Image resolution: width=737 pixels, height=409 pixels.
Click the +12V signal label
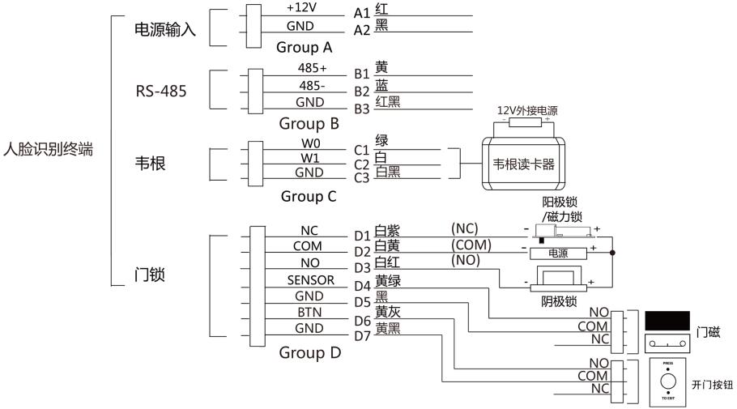click(x=300, y=8)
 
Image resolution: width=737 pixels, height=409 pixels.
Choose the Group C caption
click(x=308, y=196)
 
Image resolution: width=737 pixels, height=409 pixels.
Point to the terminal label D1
click(x=361, y=236)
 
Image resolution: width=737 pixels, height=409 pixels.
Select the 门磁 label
click(x=707, y=332)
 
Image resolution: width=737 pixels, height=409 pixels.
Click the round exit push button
click(x=667, y=380)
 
